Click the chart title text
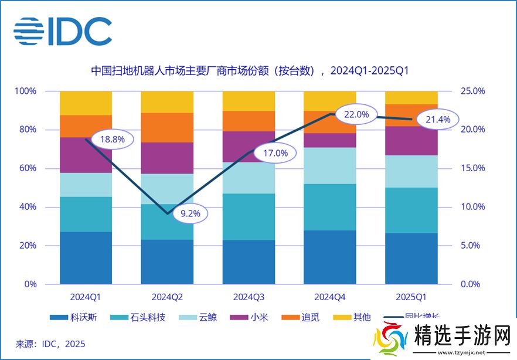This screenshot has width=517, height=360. [250, 72]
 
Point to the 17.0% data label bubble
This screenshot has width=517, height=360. [275, 154]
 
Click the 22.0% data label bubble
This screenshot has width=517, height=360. [356, 115]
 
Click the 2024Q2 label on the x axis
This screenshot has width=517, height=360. [167, 297]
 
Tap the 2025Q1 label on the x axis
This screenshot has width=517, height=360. [412, 297]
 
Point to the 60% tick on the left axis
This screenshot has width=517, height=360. [26, 168]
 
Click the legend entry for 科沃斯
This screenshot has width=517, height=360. [74, 318]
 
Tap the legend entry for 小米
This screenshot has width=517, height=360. [253, 318]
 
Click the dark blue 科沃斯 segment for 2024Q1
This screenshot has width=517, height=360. [86, 258]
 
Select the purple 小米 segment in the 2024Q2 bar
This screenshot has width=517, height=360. [167, 158]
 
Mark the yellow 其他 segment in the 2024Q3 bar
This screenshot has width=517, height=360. [249, 101]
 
